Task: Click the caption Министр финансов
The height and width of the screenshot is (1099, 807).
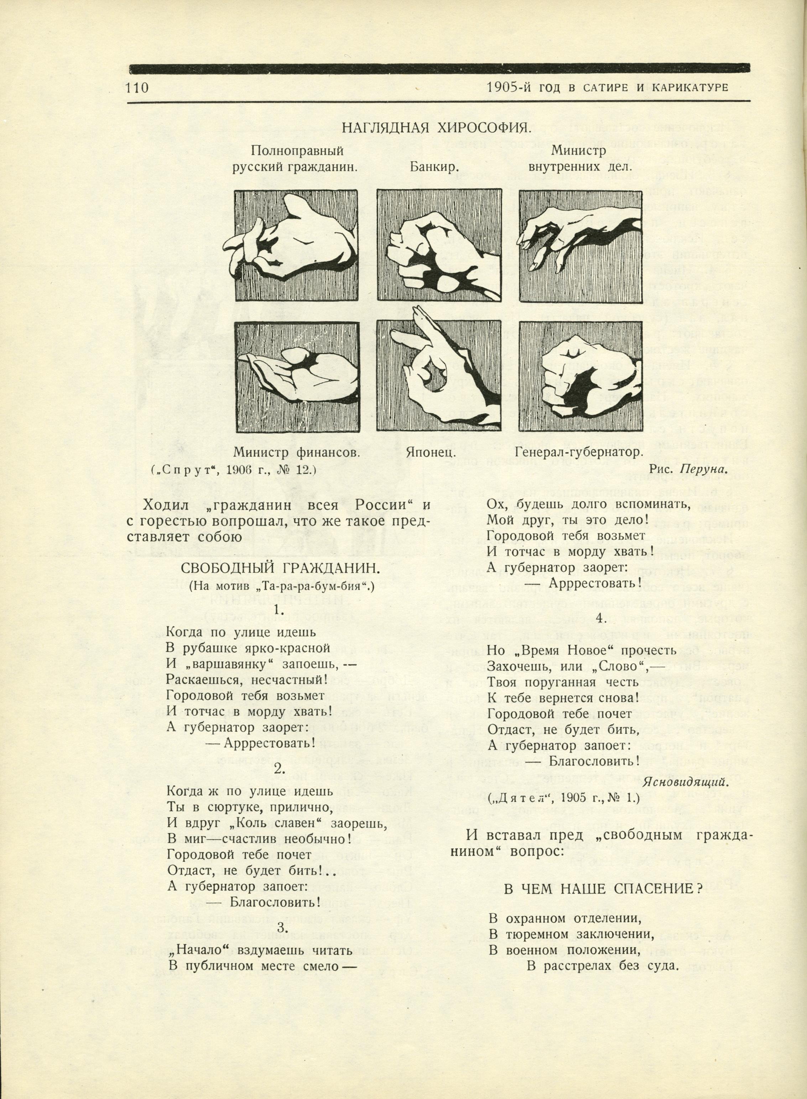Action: [x=297, y=452]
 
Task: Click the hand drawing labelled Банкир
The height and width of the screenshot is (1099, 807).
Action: [x=439, y=246]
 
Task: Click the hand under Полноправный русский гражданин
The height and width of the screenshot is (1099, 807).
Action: [x=297, y=246]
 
